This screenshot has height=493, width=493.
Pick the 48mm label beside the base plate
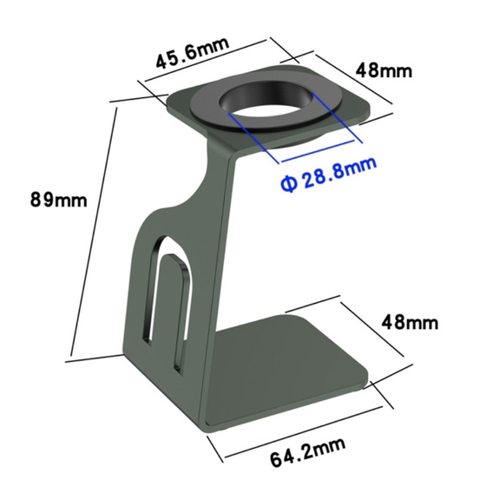tap(409, 323)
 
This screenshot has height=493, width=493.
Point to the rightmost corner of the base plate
tap(368, 382)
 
